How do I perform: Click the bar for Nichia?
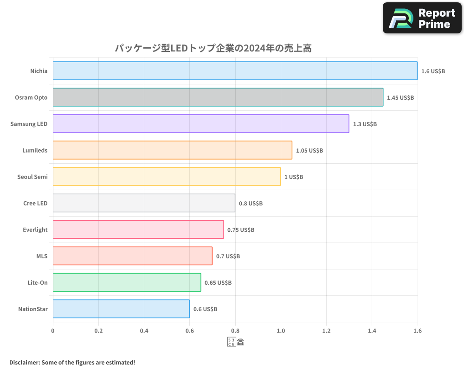235,71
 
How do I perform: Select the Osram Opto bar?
218,97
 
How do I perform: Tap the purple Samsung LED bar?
201,124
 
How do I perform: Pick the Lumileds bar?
172,150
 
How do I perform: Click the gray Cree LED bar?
144,203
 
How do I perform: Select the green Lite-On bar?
127,282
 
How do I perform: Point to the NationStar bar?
121,309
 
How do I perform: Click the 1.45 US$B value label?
400,98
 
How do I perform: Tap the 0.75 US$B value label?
241,230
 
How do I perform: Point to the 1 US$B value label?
294,177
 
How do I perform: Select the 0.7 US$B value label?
228,256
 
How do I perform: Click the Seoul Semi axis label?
32,177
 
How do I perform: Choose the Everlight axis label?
35,230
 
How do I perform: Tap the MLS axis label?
42,256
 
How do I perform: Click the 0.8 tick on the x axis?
235,331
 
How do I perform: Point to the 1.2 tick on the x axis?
326,331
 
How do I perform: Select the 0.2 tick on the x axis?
98,331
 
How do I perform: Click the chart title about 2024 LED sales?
216,48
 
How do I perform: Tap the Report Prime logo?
422,18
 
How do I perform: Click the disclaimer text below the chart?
72,362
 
